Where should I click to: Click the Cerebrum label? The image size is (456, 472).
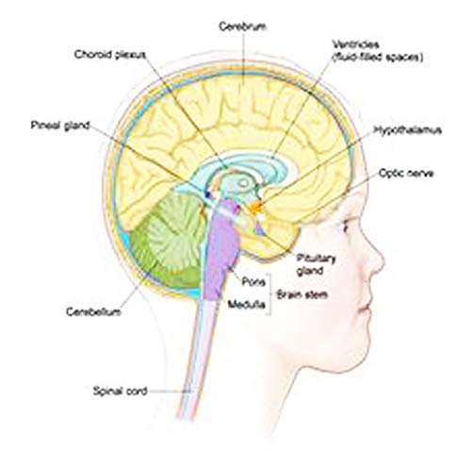pyautogui.click(x=243, y=26)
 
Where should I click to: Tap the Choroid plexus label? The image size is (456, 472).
pyautogui.click(x=110, y=55)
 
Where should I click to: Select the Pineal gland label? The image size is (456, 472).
pyautogui.click(x=60, y=126)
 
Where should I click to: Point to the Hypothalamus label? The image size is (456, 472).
pyautogui.click(x=408, y=130)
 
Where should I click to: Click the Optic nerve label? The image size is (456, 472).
pyautogui.click(x=406, y=173)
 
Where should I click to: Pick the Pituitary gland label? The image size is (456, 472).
pyautogui.click(x=316, y=264)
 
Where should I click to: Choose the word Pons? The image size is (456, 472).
pyautogui.click(x=253, y=281)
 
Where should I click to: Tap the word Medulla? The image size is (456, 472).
pyautogui.click(x=247, y=304)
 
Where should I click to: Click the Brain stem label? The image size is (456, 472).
pyautogui.click(x=301, y=295)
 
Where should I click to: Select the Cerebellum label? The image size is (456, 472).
pyautogui.click(x=93, y=312)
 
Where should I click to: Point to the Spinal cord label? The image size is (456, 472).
pyautogui.click(x=120, y=391)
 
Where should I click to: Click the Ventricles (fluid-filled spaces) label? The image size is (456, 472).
pyautogui.click(x=378, y=51)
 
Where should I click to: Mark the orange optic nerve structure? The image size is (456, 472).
pyautogui.click(x=255, y=206)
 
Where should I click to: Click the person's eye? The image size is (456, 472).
pyautogui.click(x=346, y=226)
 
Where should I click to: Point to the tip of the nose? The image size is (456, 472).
pyautogui.click(x=383, y=261)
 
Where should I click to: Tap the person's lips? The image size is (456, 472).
pyautogui.click(x=366, y=306)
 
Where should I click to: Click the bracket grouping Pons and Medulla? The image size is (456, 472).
pyautogui.click(x=269, y=295)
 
